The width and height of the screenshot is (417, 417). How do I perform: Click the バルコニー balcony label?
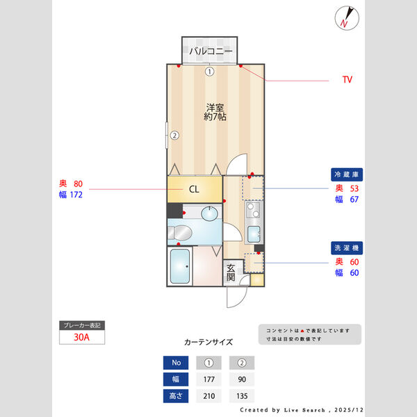coord(210,51)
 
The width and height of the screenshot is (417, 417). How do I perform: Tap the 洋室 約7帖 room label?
coord(214,112)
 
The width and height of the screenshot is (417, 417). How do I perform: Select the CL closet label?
coord(195,188)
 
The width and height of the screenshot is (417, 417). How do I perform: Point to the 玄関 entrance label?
coord(231,272)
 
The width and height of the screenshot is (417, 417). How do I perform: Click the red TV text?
coord(347,80)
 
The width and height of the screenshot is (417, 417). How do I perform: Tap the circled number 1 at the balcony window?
coord(209,71)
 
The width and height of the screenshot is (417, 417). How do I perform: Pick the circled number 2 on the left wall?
coord(175,136)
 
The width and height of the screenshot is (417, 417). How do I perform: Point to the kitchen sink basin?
coord(254,233)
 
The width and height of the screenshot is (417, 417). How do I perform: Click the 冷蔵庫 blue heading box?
coord(347,174)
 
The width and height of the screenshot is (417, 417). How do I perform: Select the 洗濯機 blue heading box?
coord(347,247)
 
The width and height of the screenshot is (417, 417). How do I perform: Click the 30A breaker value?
coord(83,338)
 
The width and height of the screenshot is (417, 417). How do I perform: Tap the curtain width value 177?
coord(209,379)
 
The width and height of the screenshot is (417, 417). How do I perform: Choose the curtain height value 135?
coord(243,397)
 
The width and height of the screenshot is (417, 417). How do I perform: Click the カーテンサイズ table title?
coord(208,342)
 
